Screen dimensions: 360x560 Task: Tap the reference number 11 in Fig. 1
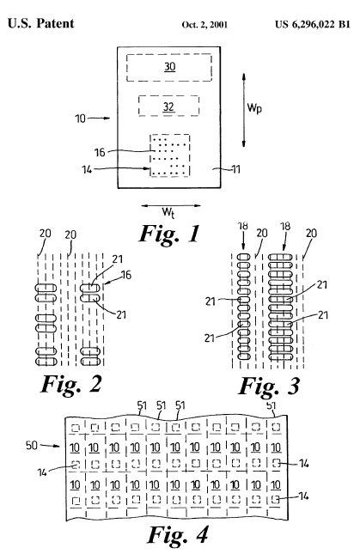235,169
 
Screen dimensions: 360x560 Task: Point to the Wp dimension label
254,107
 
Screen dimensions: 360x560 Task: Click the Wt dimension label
168,212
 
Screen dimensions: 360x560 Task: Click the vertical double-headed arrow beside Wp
243,110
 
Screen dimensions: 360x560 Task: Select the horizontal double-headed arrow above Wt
171,205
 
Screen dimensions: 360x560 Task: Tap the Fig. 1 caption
169,234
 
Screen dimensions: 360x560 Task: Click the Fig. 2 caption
71,384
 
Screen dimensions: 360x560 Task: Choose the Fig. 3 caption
269,386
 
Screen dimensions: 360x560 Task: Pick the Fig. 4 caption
178,534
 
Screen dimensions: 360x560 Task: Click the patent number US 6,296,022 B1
313,24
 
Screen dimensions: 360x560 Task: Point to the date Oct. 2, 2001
204,25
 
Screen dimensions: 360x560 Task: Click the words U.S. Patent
40,23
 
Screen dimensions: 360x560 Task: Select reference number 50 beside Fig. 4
32,445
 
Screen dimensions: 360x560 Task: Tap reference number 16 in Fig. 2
126,275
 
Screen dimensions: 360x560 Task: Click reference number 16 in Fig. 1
100,153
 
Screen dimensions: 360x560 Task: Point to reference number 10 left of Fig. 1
81,119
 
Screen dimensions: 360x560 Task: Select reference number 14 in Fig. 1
87,169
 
